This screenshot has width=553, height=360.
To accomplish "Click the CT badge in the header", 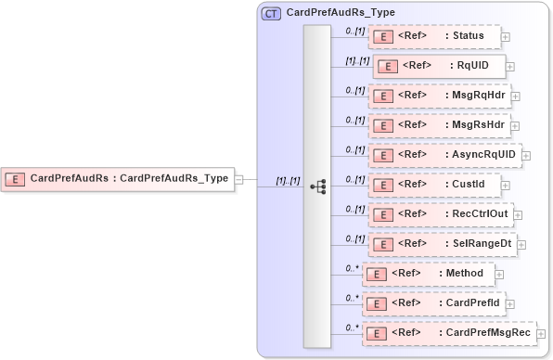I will pyautogui.click(x=272, y=14).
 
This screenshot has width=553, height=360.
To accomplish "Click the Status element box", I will pyautogui.click(x=433, y=37).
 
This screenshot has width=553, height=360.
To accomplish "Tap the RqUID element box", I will pyautogui.click(x=441, y=67).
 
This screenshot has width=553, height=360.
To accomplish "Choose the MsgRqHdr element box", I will pyautogui.click(x=439, y=96).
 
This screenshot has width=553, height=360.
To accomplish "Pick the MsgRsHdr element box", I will pyautogui.click(x=439, y=124).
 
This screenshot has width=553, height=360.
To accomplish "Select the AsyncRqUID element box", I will pyautogui.click(x=445, y=155).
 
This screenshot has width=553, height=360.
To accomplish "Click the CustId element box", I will pyautogui.click(x=434, y=185).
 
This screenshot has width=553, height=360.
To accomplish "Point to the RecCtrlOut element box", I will pyautogui.click(x=446, y=214).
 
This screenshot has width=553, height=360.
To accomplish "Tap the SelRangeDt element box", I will pyautogui.click(x=447, y=244).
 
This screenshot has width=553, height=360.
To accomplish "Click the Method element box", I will pyautogui.click(x=428, y=274).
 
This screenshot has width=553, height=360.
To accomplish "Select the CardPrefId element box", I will pyautogui.click(x=432, y=303).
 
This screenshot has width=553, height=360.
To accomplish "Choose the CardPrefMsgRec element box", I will pyautogui.click(x=448, y=333).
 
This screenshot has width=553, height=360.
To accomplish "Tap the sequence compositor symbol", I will pyautogui.click(x=317, y=186).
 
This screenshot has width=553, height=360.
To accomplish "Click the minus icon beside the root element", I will pyautogui.click(x=238, y=179).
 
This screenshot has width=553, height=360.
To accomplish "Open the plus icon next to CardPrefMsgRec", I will pyautogui.click(x=542, y=334).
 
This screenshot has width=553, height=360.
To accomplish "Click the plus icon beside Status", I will pyautogui.click(x=506, y=38).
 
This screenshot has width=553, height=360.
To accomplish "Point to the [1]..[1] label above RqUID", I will pyautogui.click(x=357, y=60).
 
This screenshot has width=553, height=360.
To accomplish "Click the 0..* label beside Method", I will pyautogui.click(x=352, y=268).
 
